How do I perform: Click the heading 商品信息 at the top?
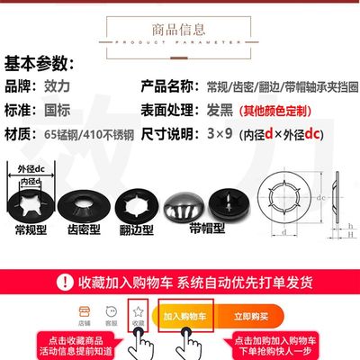179,24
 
